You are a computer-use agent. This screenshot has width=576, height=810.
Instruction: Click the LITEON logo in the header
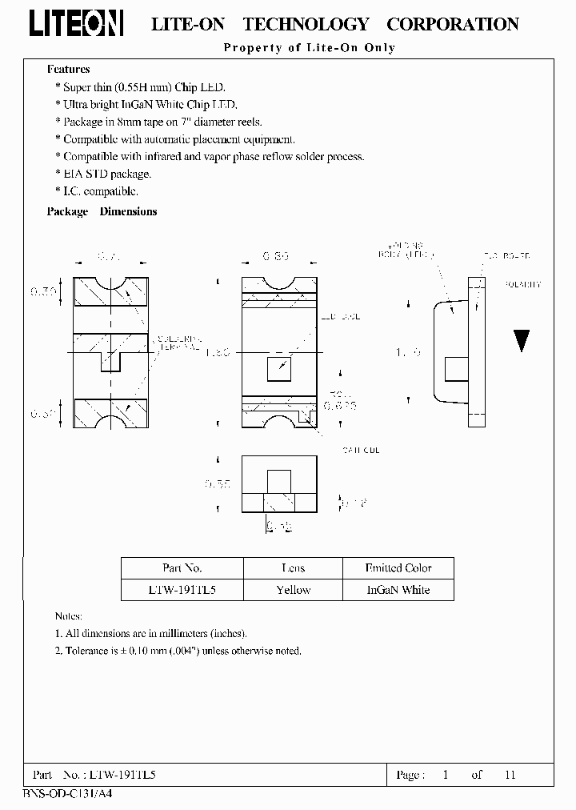point(77,25)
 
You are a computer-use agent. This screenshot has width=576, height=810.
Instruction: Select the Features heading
point(68,70)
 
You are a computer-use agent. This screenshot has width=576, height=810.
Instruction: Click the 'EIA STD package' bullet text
point(107,174)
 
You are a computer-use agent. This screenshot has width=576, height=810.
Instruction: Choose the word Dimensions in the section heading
point(128,212)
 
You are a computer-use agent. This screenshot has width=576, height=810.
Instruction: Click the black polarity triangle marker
point(522,341)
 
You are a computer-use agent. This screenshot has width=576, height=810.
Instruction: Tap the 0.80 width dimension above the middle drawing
point(276,257)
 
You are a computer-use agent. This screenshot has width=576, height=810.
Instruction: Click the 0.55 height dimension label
point(218,484)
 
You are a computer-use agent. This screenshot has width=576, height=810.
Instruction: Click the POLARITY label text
point(524,284)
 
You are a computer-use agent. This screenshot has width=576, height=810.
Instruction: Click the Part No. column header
point(182,568)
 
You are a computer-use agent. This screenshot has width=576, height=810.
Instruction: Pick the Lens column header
point(293,568)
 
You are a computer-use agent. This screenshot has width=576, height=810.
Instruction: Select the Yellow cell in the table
point(293,590)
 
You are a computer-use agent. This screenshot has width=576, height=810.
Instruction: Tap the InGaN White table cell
point(398,590)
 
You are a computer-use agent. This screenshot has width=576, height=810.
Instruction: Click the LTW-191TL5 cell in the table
point(182,590)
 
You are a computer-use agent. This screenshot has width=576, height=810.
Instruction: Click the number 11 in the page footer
point(510,775)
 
